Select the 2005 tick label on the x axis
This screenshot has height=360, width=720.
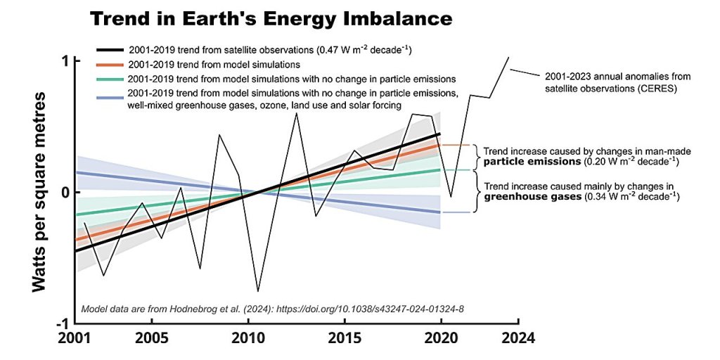[153, 337]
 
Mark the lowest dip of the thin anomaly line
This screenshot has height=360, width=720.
[258, 291]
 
